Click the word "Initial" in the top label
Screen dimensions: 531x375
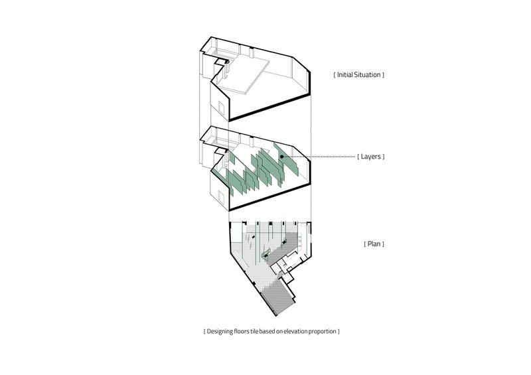[x=345, y=75]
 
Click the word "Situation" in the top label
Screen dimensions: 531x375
[x=368, y=75]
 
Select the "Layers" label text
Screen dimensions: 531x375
[x=371, y=157]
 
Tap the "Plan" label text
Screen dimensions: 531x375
[x=374, y=244]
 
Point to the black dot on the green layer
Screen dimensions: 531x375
[x=281, y=157]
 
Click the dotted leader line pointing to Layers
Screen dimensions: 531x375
[x=320, y=157]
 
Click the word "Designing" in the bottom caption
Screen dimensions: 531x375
[x=220, y=331]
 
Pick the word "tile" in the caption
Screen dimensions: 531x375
[x=254, y=331]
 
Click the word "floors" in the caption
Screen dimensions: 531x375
[x=242, y=331]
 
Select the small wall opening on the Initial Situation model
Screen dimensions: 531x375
[x=221, y=108]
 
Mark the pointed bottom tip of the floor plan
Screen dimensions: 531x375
[x=276, y=316]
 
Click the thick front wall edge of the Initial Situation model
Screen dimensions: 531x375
[x=270, y=108]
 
